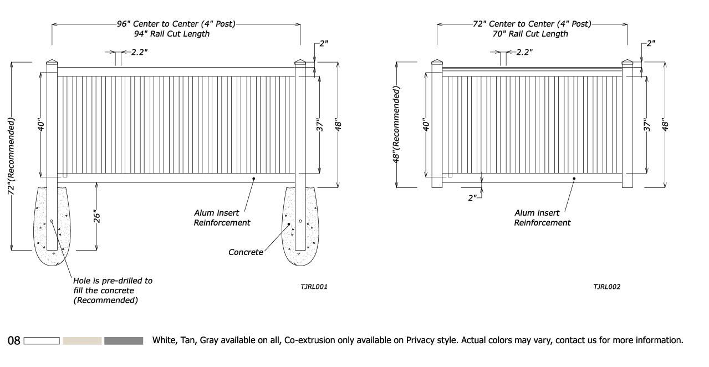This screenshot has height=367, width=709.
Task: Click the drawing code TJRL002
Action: click(x=606, y=287)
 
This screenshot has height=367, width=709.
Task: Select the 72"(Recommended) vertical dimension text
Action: click(x=11, y=156)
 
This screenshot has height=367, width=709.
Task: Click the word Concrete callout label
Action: click(x=246, y=252)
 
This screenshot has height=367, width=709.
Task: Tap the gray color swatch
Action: click(x=124, y=340)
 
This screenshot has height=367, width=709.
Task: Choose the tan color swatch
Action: click(x=82, y=340)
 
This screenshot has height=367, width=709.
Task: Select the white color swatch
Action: click(x=42, y=340)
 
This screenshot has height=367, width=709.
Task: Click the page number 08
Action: click(x=14, y=340)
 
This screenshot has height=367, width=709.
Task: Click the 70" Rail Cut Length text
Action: click(x=531, y=34)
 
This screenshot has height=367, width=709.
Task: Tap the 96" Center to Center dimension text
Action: click(x=176, y=24)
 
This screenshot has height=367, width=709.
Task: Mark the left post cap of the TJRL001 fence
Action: click(x=52, y=63)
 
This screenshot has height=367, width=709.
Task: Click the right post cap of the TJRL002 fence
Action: click(x=627, y=63)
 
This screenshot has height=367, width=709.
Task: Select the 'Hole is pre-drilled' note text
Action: click(x=113, y=290)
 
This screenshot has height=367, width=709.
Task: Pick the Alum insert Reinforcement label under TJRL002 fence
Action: click(x=542, y=217)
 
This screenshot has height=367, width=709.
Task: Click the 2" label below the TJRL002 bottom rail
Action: click(x=472, y=197)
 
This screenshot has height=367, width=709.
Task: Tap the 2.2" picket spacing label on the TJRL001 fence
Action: click(x=139, y=52)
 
